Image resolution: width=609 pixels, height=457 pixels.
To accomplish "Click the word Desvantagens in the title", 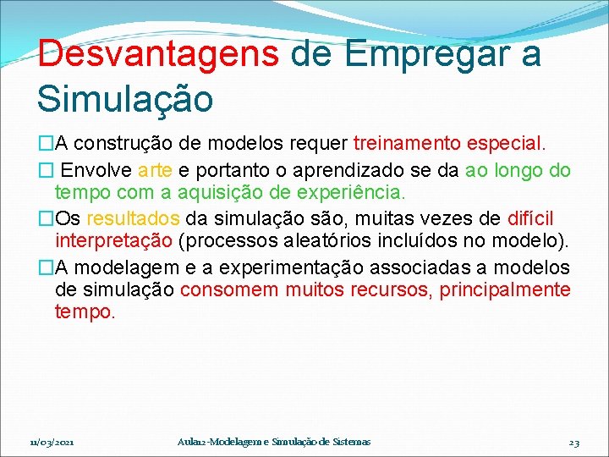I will [158, 55].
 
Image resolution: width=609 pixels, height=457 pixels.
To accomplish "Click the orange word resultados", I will [132, 219].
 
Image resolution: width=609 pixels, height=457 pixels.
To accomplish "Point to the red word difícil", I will [530, 219].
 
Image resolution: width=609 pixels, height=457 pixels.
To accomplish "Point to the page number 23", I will [573, 443].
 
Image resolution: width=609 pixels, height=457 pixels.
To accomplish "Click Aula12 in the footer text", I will [195, 443].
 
